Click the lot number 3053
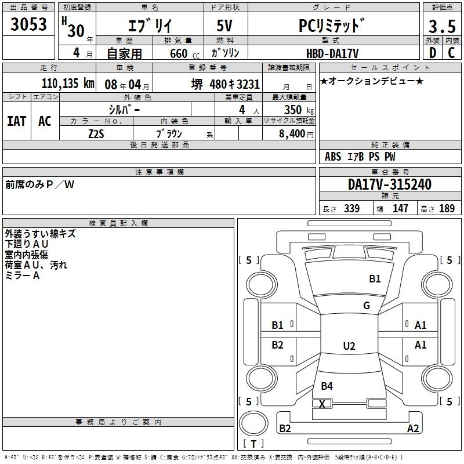tap(29, 26)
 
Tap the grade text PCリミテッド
tap(332, 27)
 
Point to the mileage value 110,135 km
tap(68, 84)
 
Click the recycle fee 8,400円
tap(295, 134)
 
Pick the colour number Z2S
tap(96, 134)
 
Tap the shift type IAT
tap(16, 121)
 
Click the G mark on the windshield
tap(367, 306)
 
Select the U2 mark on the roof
tap(349, 346)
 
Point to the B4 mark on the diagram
tap(327, 386)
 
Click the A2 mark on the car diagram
tap(413, 429)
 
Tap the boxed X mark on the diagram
tap(322, 403)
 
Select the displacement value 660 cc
tap(176, 53)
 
